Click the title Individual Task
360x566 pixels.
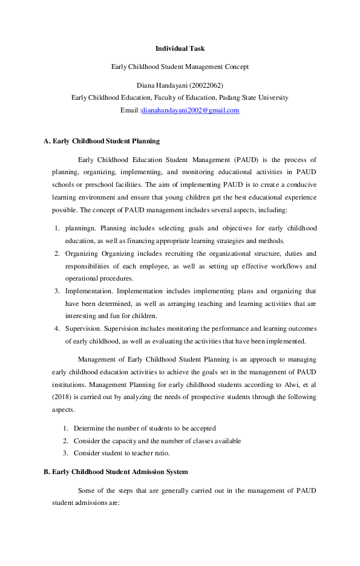[x=180, y=48]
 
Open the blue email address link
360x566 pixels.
[x=190, y=111]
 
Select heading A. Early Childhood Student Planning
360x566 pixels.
[x=102, y=141]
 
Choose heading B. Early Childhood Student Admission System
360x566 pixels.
[x=116, y=471]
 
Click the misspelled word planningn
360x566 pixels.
[x=80, y=228]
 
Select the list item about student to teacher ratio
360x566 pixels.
[x=122, y=453]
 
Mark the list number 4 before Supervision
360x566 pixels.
[x=56, y=328]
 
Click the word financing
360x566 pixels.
[x=124, y=240]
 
